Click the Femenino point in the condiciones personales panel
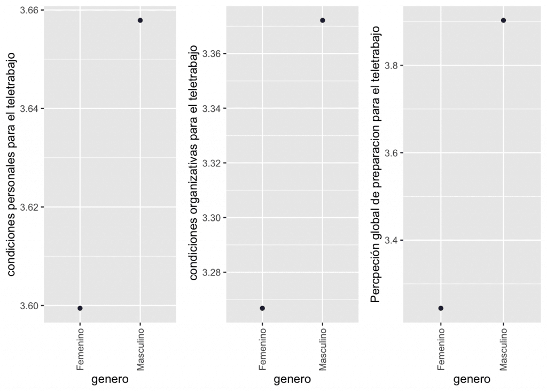[x=80, y=308]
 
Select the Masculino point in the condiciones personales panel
[x=140, y=20]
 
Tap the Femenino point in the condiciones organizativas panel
[x=262, y=308]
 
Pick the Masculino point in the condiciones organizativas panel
[x=323, y=20]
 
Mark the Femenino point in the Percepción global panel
[x=441, y=308]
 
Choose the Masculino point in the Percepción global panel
[x=503, y=20]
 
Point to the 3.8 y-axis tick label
[x=391, y=66]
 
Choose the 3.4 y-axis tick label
[x=391, y=240]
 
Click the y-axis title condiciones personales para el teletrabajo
[x=12, y=164]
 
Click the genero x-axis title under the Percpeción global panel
[x=472, y=380]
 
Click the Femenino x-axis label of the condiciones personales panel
[x=80, y=350]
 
